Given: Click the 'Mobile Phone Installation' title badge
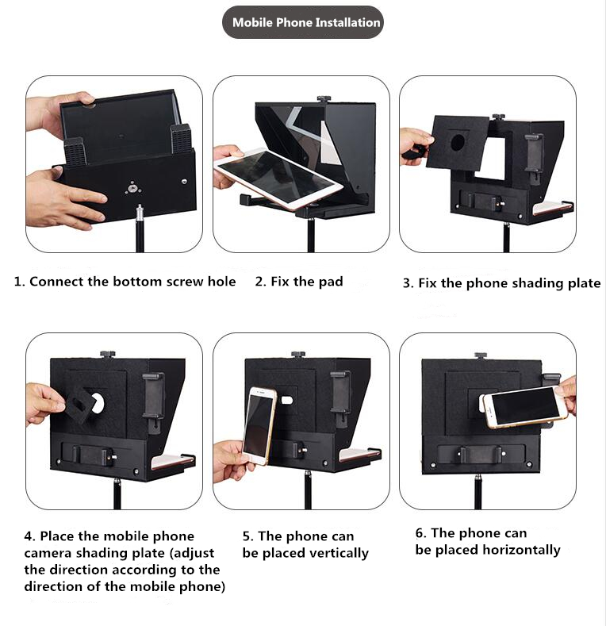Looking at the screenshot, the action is tap(302, 22).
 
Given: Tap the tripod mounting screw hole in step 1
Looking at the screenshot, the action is tap(132, 187).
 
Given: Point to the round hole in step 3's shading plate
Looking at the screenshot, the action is tap(457, 142).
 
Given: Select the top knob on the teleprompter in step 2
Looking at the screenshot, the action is tap(322, 99).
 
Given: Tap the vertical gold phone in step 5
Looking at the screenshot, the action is tap(259, 425).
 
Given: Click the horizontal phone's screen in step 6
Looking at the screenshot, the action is tap(525, 407).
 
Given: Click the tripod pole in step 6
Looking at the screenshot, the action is tap(478, 492).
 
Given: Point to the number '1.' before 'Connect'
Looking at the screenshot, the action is tap(20, 282).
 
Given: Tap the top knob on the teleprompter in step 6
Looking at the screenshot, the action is tap(481, 355).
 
